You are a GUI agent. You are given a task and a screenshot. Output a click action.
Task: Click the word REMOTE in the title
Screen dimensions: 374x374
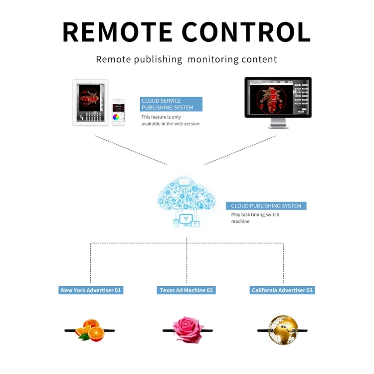117,32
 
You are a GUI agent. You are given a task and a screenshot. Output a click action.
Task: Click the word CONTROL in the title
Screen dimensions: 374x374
246,32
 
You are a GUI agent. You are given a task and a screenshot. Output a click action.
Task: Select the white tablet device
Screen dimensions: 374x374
90,103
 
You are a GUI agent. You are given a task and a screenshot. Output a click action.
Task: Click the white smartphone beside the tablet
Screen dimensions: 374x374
119,113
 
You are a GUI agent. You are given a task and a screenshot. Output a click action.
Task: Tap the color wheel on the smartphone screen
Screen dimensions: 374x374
116,117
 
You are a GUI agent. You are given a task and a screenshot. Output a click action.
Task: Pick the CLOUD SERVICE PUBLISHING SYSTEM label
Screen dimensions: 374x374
171,104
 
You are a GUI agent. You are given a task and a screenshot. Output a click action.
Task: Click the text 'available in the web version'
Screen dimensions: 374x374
171,124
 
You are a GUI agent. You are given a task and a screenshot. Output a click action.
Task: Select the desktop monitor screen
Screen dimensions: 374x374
278,97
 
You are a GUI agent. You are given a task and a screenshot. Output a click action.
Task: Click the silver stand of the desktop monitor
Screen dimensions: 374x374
278,123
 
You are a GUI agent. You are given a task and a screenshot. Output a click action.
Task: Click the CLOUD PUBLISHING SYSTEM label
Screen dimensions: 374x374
266,206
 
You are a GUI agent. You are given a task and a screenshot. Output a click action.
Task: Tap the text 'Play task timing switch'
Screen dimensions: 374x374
255,214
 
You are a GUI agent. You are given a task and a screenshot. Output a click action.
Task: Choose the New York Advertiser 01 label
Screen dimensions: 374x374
91,290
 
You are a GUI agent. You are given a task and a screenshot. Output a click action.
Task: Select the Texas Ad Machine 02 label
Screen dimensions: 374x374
187,290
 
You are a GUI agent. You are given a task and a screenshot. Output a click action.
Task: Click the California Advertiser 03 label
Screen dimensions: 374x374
282,290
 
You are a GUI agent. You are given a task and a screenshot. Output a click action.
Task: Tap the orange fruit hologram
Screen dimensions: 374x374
90,330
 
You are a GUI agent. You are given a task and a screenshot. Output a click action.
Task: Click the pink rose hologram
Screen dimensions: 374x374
187,330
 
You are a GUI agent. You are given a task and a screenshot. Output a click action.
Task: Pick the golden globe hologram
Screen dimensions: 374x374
283,330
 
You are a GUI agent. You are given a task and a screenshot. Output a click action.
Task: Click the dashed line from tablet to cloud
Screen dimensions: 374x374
131,150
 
